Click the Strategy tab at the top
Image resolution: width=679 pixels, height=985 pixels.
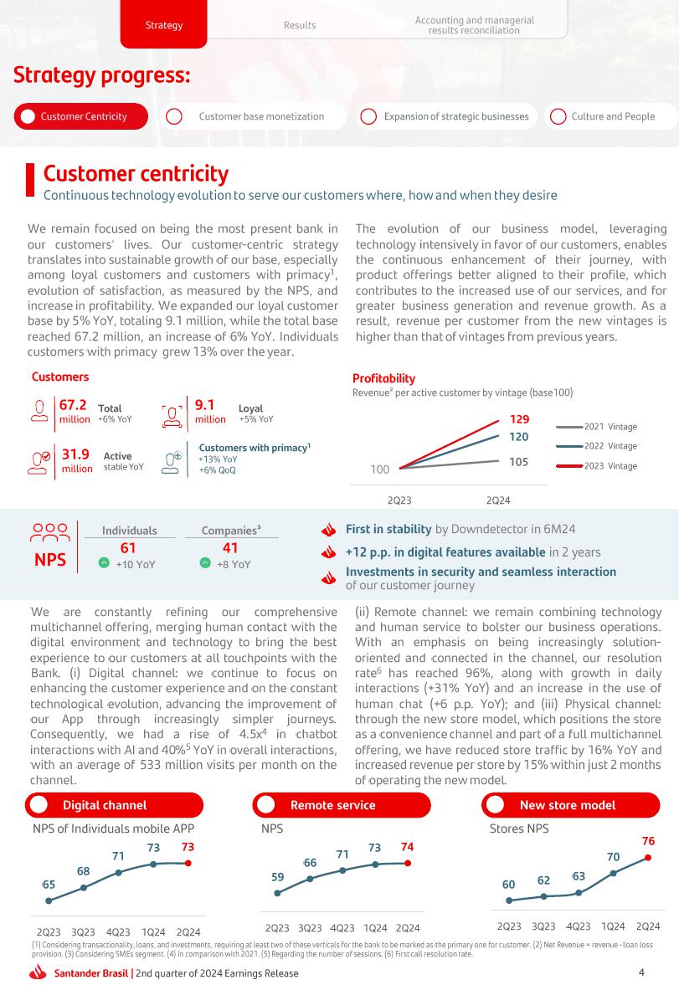point(164,25)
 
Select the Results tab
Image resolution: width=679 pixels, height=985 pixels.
point(300,25)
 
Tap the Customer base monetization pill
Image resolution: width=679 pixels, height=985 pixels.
point(260,116)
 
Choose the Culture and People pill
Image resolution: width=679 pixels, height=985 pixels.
point(613,116)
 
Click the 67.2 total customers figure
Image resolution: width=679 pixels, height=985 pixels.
point(75,405)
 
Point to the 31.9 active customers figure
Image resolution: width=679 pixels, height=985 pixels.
point(76,454)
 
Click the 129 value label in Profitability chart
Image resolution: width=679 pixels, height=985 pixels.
point(519,419)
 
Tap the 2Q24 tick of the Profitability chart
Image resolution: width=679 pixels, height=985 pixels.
point(499,500)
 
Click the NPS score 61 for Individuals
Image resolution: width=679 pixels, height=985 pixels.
point(128,547)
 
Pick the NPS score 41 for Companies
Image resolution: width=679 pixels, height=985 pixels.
point(230,547)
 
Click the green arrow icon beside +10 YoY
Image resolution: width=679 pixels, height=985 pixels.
point(104,564)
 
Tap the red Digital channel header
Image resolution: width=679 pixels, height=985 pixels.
point(105,805)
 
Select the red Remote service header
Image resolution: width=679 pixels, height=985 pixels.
point(332,805)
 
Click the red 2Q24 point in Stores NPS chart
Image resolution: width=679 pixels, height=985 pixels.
point(648,858)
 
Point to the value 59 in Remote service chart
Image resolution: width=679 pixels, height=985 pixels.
point(278,877)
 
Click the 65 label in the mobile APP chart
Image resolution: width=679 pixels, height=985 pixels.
point(49,885)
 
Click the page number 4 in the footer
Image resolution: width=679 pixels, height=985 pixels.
point(641,972)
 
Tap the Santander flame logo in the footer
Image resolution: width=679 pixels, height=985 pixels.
point(38,972)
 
